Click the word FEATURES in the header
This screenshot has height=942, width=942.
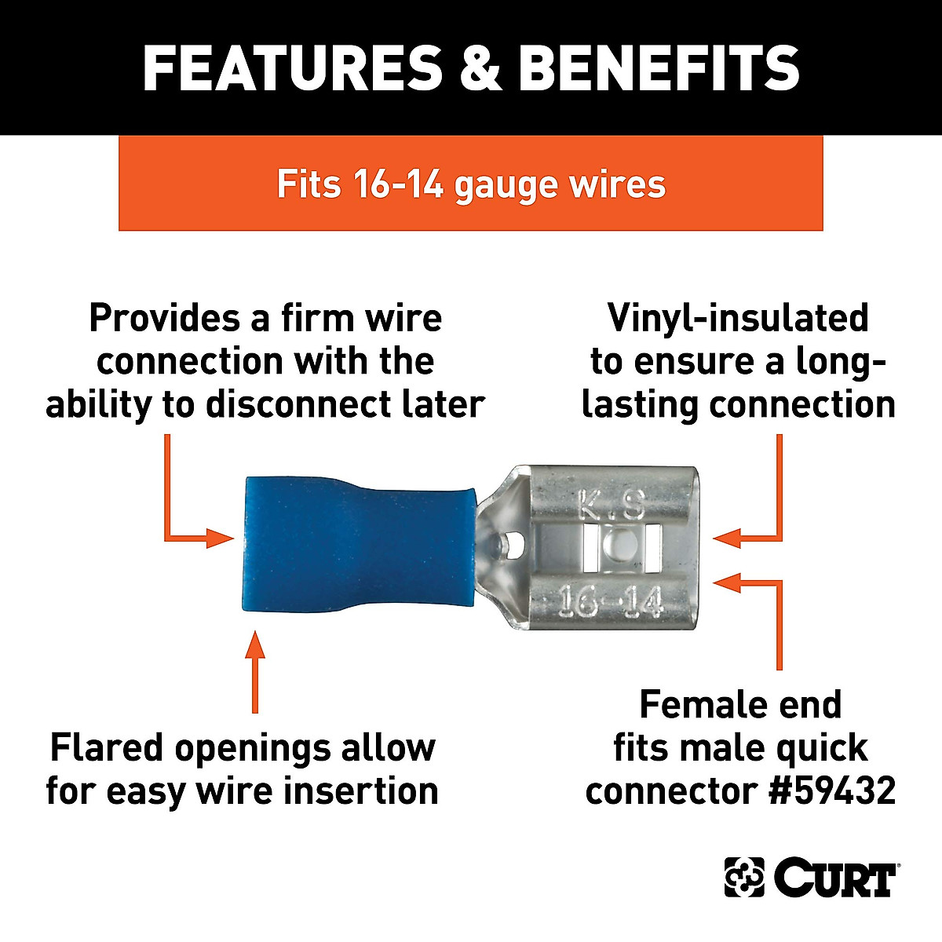[x=292, y=68]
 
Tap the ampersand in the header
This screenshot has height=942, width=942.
[x=480, y=68]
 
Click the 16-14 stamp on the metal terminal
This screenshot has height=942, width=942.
[x=611, y=603]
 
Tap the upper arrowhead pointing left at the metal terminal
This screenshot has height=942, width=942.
[x=727, y=538]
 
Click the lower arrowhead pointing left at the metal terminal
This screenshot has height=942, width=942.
[x=727, y=582]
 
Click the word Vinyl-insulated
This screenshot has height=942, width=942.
[x=738, y=318]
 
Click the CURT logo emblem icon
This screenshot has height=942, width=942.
[x=743, y=877]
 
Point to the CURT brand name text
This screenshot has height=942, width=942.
[x=835, y=878]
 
